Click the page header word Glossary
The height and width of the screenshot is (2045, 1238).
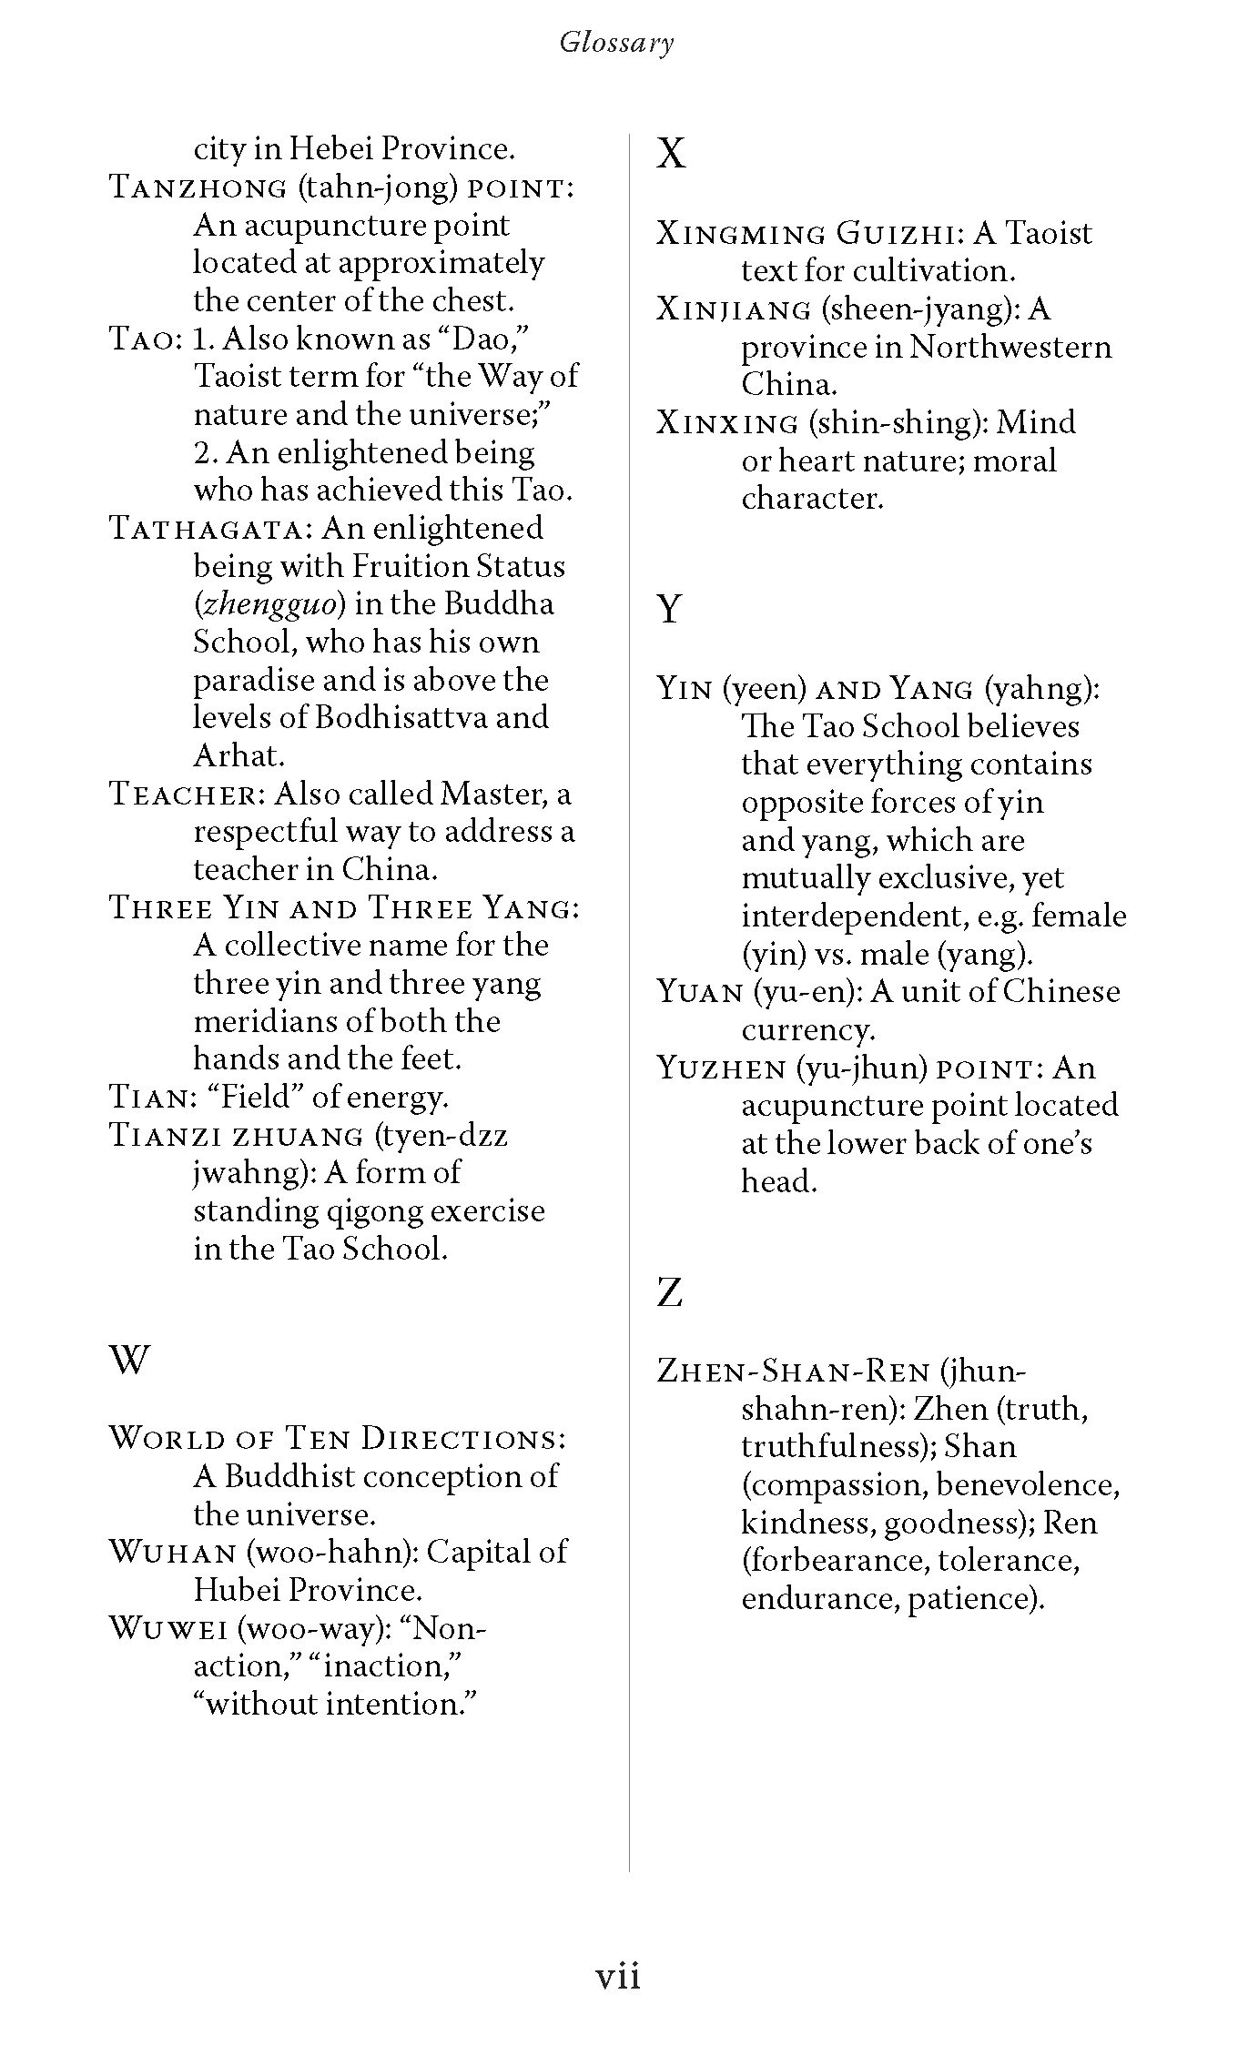616,43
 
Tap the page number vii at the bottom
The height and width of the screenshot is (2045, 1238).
618,1976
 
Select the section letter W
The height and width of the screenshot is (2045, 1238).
128,1361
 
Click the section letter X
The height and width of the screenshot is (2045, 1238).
671,154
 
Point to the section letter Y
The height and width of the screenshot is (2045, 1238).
669,607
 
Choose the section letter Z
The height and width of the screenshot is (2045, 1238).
669,1291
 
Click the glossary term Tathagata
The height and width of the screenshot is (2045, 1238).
211,529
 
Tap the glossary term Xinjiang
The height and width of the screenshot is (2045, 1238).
733,310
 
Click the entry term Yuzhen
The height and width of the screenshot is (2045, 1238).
720,1068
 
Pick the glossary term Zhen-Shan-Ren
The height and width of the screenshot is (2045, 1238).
793,1371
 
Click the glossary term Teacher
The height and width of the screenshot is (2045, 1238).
186,795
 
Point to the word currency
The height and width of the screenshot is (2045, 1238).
807,1030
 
